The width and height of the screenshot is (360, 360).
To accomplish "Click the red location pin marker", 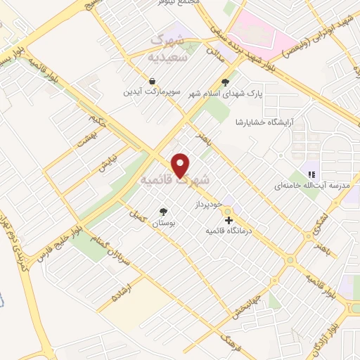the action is tap(181, 165).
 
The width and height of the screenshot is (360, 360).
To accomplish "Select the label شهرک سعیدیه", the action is tap(169, 47).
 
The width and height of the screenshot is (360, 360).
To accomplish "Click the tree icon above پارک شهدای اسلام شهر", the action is tap(225, 81).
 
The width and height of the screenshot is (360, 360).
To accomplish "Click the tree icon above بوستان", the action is tap(164, 211).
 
